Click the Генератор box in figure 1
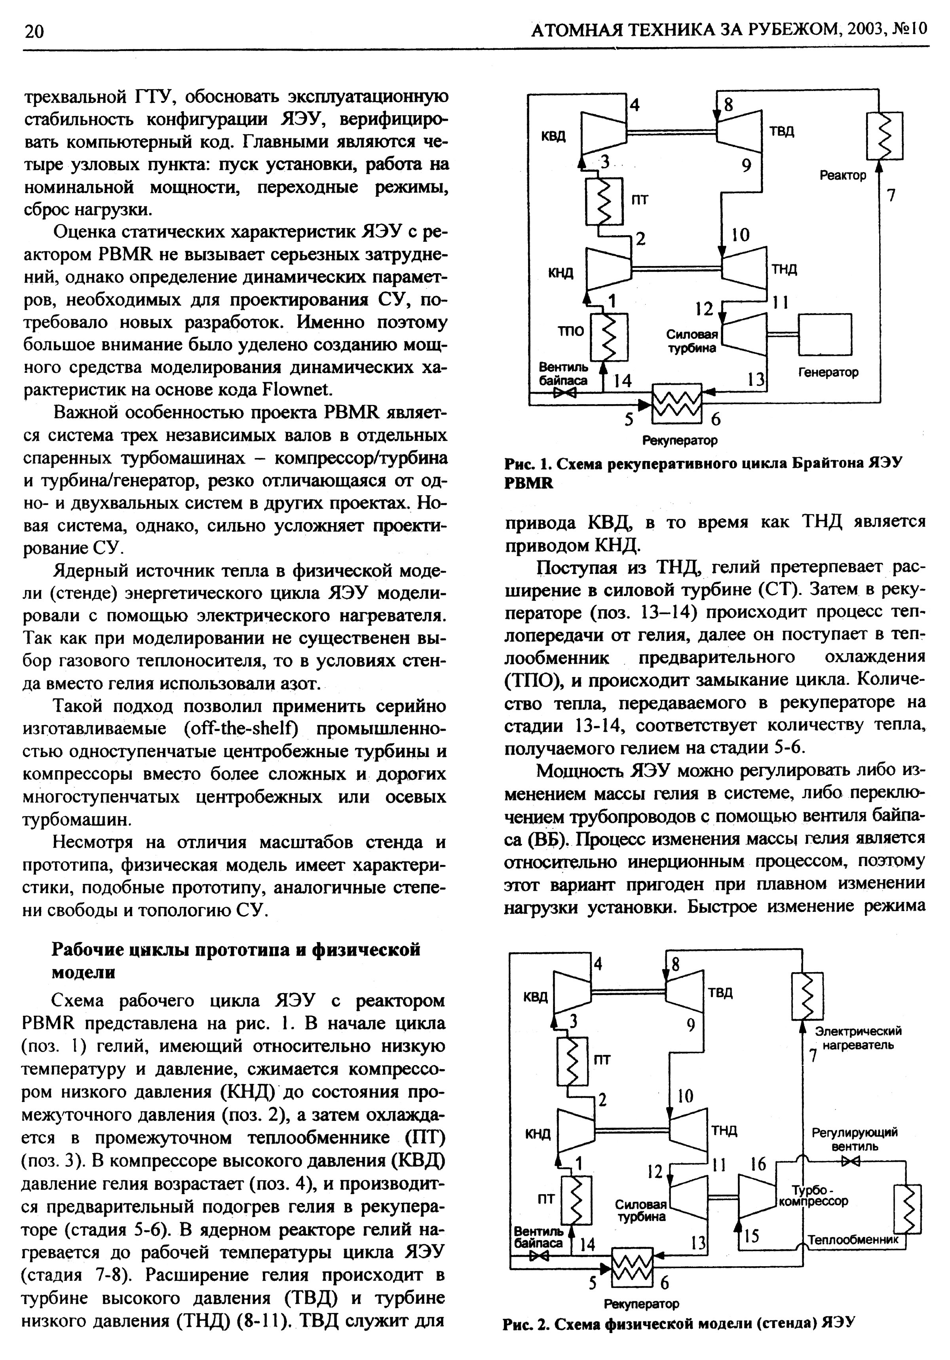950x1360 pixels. tap(825, 335)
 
